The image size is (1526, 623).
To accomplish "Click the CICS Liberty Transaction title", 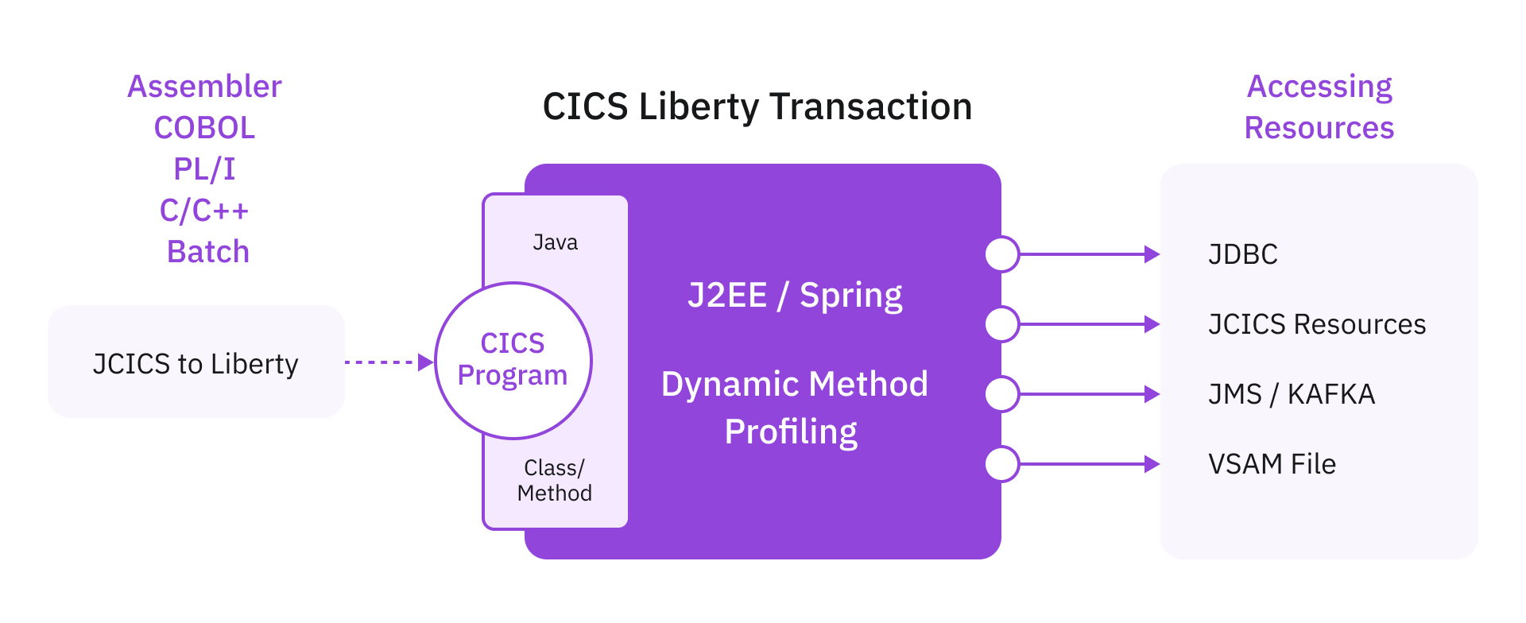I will click(x=757, y=106).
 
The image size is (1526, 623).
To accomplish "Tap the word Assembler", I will click(x=204, y=87).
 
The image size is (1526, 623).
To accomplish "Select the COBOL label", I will click(x=204, y=128).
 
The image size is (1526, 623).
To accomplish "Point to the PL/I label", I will click(x=204, y=169).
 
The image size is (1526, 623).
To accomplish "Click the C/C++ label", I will click(x=204, y=211).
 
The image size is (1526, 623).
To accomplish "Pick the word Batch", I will click(x=207, y=252).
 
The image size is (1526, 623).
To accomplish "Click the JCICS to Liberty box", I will click(x=196, y=363).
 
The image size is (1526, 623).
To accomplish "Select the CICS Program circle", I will click(x=513, y=360).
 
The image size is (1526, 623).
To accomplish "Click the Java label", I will click(x=555, y=242).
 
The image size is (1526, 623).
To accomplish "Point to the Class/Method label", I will click(x=554, y=480).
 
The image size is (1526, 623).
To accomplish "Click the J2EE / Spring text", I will click(x=795, y=296).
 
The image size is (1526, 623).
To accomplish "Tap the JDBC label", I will click(x=1242, y=254).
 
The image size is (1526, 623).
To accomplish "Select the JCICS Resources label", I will click(x=1316, y=324).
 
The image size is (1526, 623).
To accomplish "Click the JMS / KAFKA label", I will click(x=1291, y=394).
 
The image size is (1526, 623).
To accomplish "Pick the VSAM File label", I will click(x=1272, y=464).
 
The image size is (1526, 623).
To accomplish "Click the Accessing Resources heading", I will click(x=1319, y=107).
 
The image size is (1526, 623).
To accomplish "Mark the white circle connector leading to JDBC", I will click(x=1001, y=254).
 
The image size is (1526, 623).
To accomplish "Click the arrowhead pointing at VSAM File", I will click(x=1152, y=464).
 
